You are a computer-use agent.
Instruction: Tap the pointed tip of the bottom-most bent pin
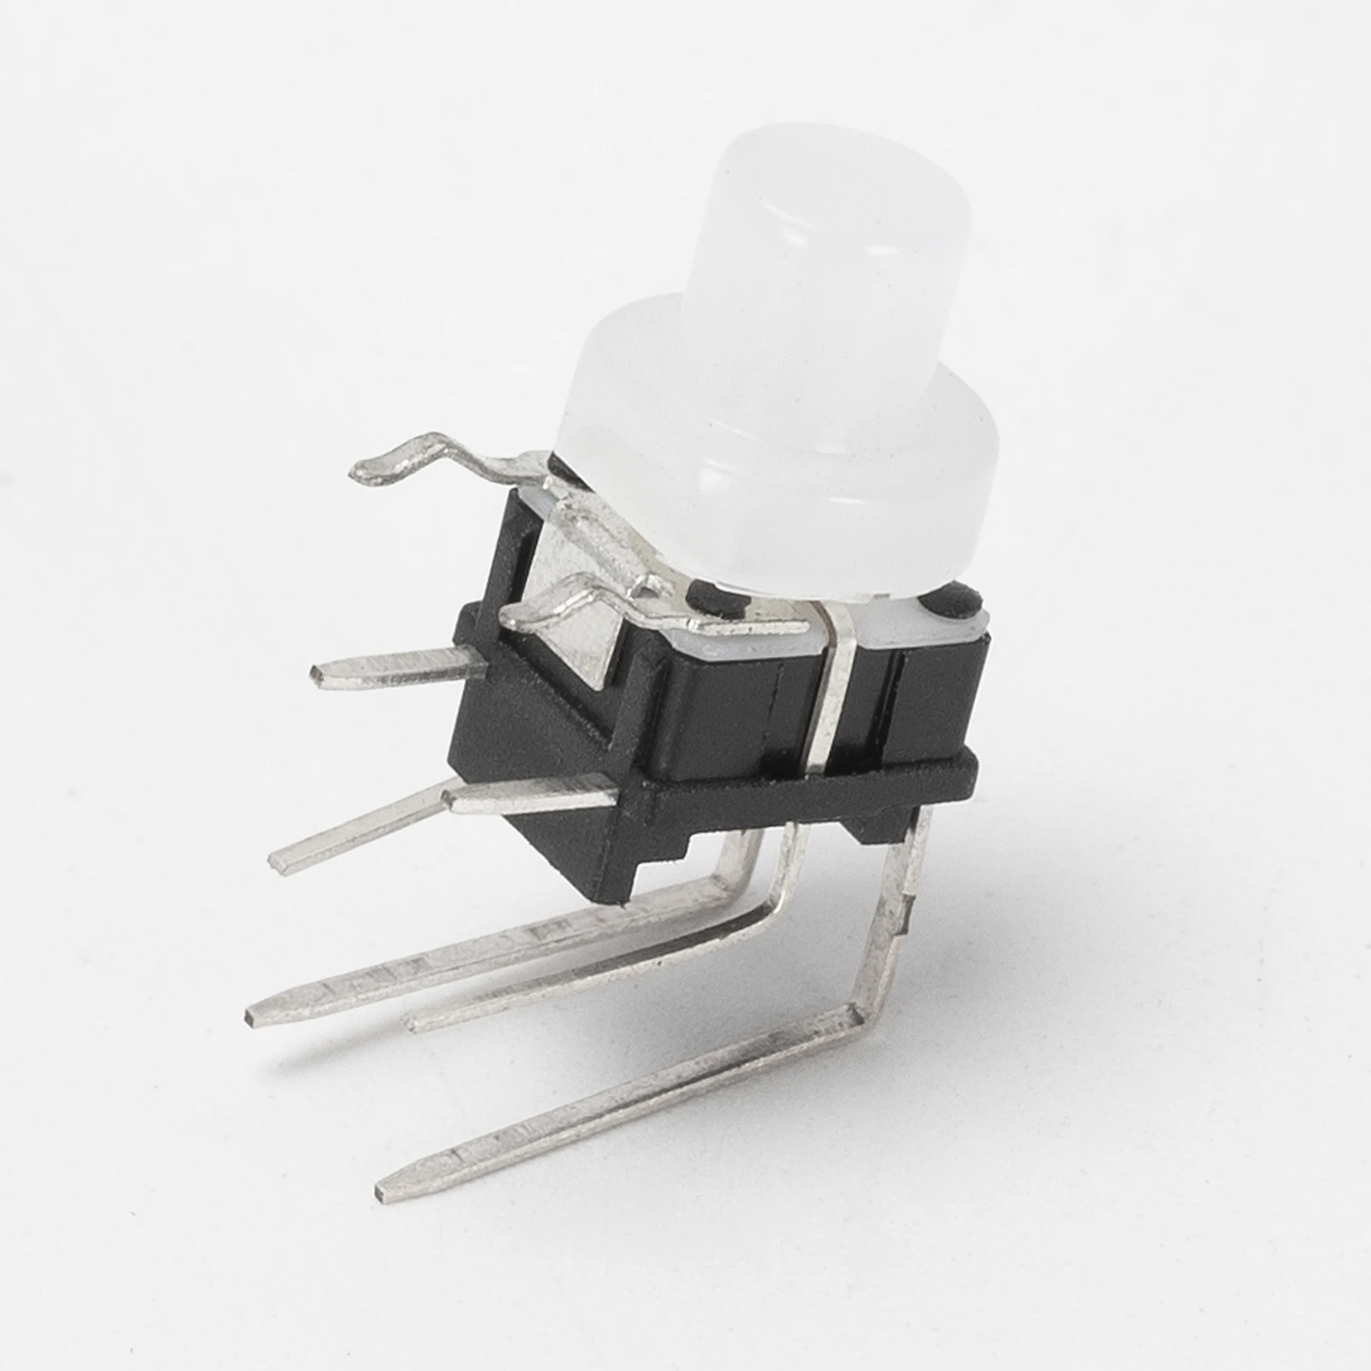click(x=383, y=1192)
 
